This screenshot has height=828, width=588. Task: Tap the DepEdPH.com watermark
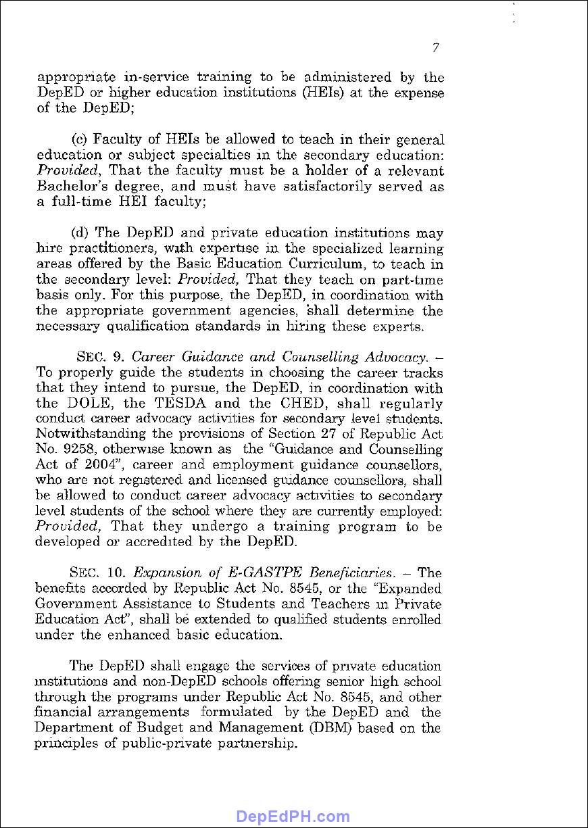293,817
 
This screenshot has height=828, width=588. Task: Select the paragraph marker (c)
80,140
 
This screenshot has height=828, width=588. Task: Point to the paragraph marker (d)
80,233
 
